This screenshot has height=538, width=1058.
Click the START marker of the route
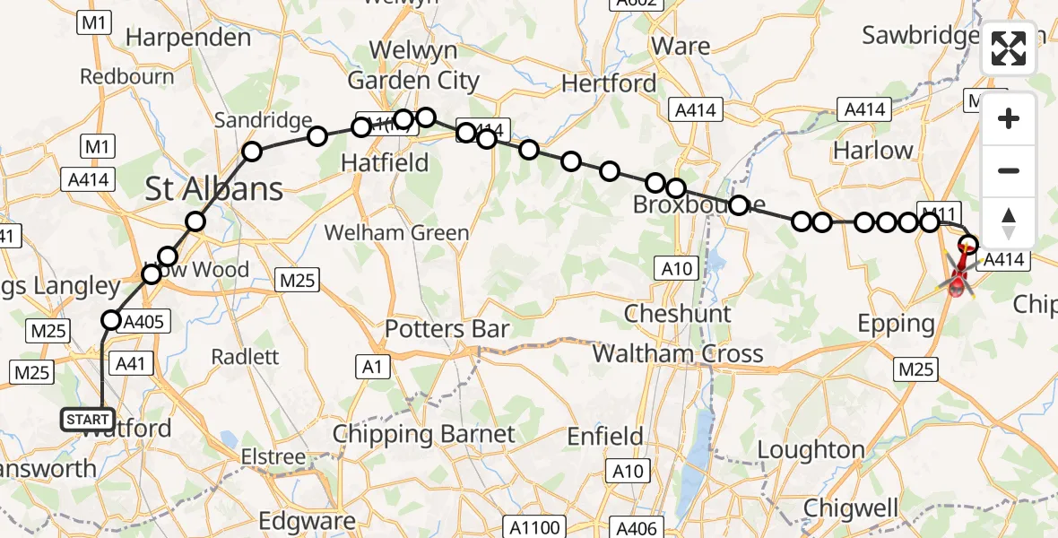88,419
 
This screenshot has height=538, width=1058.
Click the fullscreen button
1009,49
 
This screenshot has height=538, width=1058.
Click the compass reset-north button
1009,223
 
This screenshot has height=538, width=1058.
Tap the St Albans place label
213,189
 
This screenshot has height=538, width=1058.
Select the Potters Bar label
447,329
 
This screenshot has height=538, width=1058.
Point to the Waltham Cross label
678,353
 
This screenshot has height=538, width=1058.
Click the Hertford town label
609,84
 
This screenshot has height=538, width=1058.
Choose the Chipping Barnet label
424,435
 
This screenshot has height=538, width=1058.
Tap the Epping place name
896,324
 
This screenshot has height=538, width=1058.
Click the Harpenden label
188,38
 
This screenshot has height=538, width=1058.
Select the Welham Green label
396,233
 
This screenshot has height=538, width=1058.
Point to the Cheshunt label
678,314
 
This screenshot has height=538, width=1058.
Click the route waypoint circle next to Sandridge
252,152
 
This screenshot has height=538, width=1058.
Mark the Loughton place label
811,449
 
